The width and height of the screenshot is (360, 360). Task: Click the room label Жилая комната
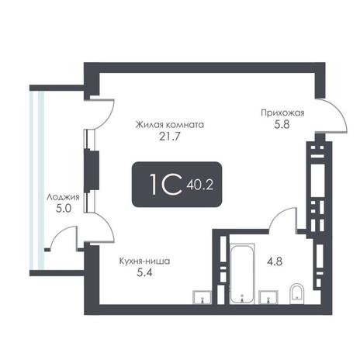(170, 125)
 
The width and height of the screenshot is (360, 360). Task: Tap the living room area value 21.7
(169, 137)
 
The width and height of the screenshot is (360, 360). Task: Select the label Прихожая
(282, 112)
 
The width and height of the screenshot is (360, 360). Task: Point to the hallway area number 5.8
(282, 125)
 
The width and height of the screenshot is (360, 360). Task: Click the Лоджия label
(63, 198)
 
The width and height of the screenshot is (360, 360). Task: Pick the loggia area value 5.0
(64, 209)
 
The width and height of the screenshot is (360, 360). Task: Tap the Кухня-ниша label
(144, 261)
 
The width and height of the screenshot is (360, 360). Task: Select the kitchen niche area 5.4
(144, 272)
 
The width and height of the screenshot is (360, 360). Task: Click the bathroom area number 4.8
(275, 261)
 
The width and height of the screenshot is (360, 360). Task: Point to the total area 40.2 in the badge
(199, 185)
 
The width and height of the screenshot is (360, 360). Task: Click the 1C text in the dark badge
(166, 184)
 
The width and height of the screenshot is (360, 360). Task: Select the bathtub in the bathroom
(242, 274)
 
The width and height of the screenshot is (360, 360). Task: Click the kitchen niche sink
(202, 297)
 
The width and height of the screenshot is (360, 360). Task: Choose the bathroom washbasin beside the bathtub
(268, 297)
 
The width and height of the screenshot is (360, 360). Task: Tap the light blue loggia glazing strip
(37, 180)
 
